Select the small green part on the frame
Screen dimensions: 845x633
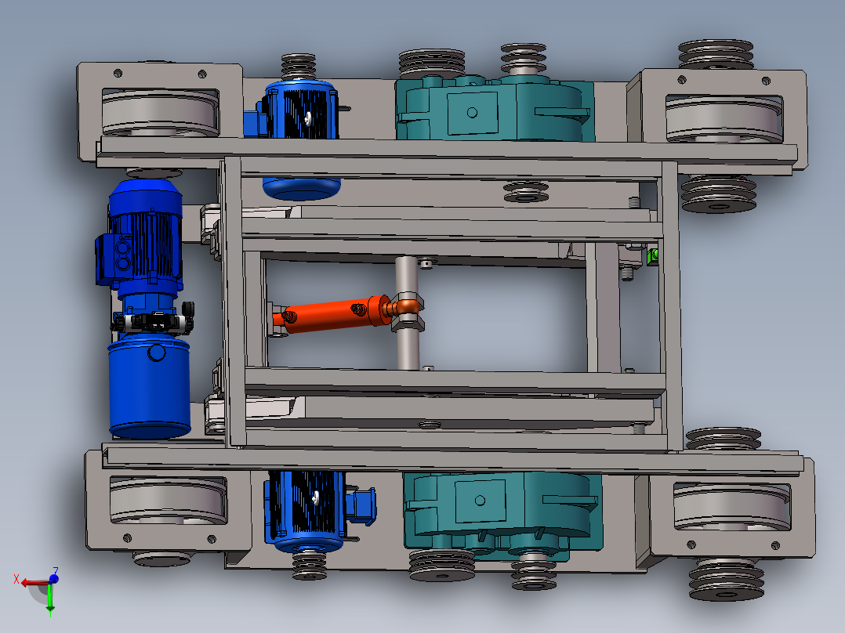[653, 256]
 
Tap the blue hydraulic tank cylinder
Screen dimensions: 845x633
[149, 386]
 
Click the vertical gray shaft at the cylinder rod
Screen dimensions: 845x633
[407, 313]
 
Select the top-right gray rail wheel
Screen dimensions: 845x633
[724, 120]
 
